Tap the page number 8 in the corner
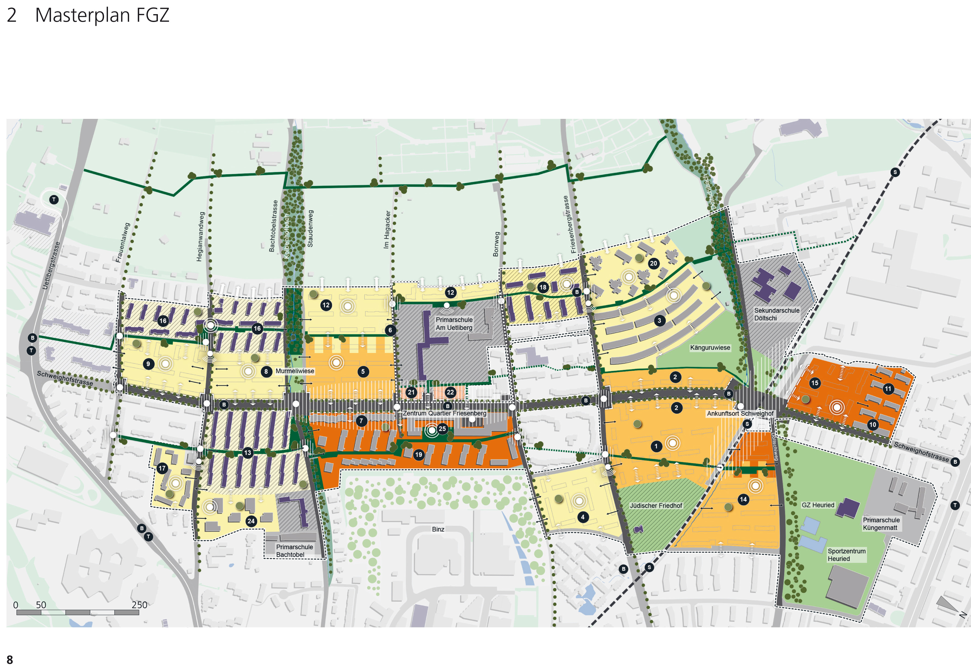click(10, 659)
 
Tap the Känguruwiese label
click(710, 348)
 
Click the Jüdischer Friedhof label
click(656, 506)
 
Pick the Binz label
click(438, 529)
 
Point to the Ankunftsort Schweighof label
click(740, 413)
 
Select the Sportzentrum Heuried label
click(846, 555)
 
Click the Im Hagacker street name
click(387, 229)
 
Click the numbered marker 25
click(442, 429)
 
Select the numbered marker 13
click(247, 452)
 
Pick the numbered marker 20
click(653, 263)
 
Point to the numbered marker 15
click(814, 383)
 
